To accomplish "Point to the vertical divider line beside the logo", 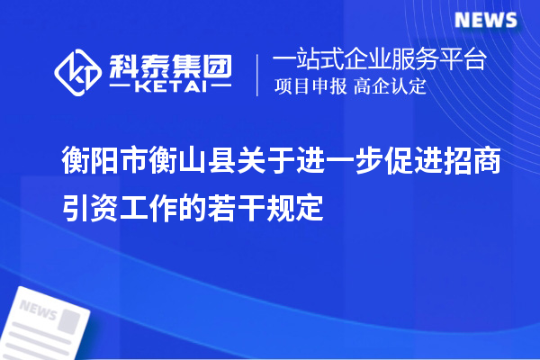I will pyautogui.click(x=258, y=73).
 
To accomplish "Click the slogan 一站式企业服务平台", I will pyautogui.click(x=380, y=61).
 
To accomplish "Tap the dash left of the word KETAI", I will pyautogui.click(x=121, y=87).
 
